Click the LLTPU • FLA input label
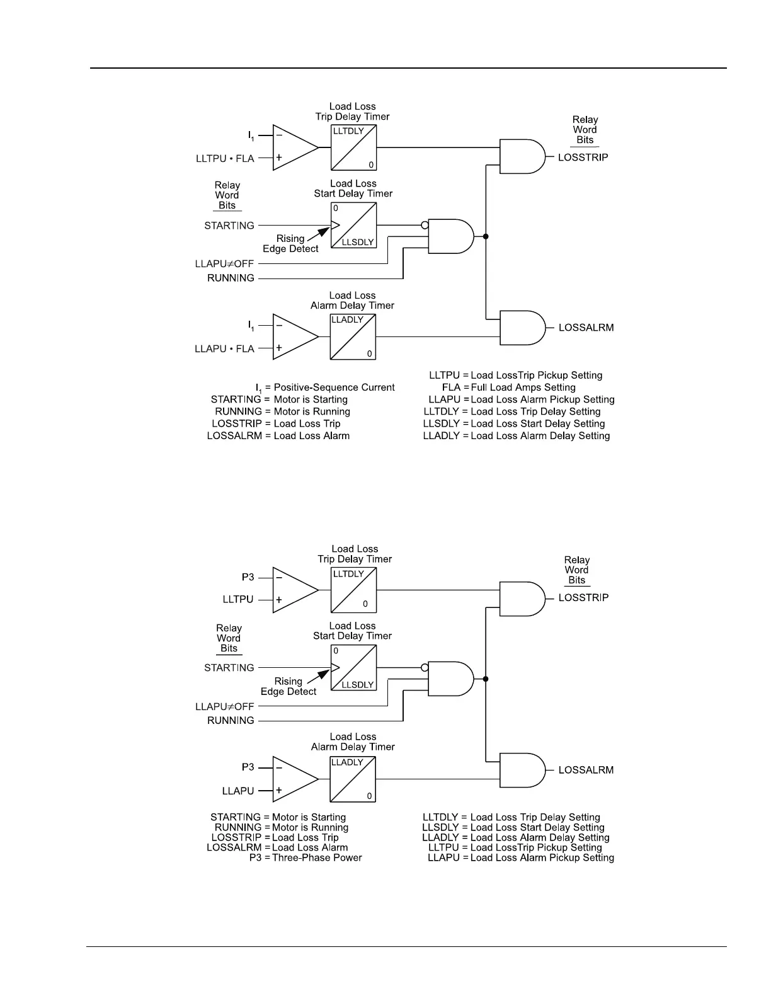(x=225, y=159)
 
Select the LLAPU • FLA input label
(x=224, y=349)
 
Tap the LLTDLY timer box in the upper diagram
(x=354, y=147)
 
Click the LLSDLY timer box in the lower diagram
(x=354, y=667)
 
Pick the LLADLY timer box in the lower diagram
(x=353, y=779)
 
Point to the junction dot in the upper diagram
(x=486, y=236)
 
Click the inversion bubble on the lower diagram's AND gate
(x=425, y=667)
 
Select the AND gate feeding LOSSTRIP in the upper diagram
(x=522, y=156)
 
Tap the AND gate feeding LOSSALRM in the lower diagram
(x=522, y=770)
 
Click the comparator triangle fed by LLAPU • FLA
(x=294, y=337)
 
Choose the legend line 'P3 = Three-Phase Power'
(x=306, y=857)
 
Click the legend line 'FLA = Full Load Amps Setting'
(x=508, y=387)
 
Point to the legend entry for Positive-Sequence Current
(x=325, y=387)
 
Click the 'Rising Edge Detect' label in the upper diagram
(x=290, y=244)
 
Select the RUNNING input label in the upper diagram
(x=231, y=278)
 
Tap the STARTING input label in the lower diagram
(x=229, y=668)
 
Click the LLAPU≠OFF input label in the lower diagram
(x=224, y=707)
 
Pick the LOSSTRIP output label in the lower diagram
(x=583, y=597)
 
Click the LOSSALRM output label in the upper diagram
(x=586, y=328)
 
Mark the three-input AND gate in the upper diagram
(x=450, y=236)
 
